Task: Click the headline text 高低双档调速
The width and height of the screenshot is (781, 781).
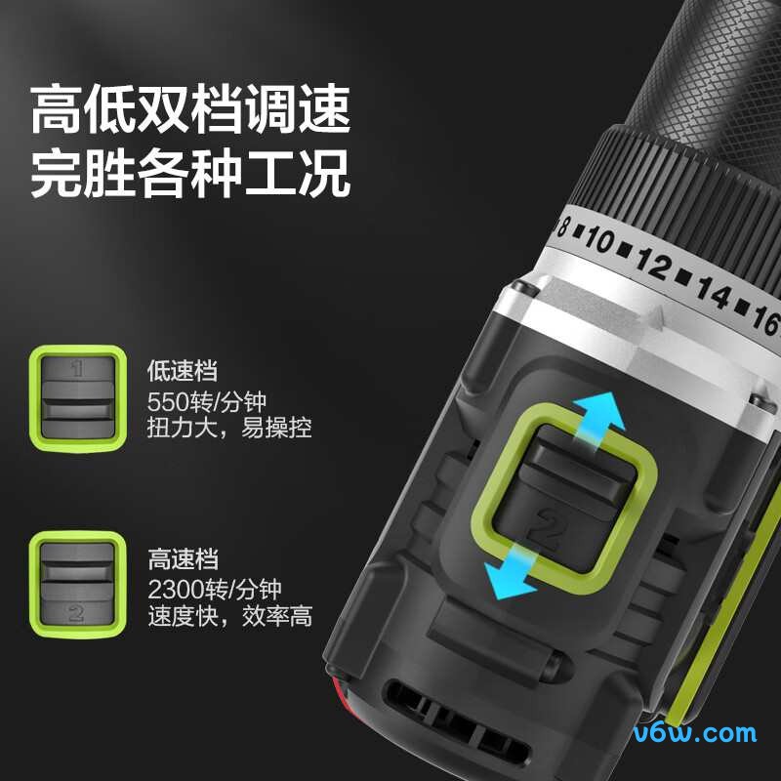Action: point(190,109)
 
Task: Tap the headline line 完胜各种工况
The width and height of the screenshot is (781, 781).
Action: point(190,175)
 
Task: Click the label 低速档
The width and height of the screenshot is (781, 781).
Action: point(182,371)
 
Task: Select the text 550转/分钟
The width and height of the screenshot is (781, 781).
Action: point(206,400)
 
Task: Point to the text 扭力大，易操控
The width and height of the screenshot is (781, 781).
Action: point(229,428)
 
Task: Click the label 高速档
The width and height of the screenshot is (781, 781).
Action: point(184,559)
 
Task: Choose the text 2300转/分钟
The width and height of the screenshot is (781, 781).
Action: point(215,589)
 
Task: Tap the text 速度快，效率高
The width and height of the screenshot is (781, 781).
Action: point(229,616)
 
